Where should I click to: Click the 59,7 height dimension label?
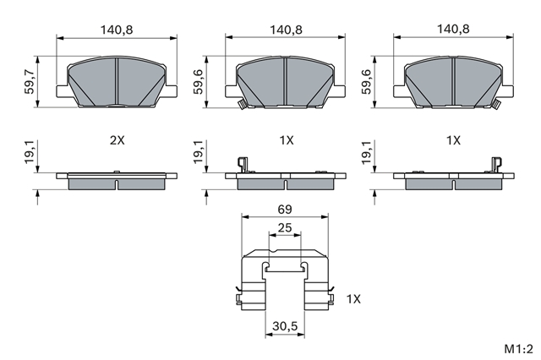(30, 82)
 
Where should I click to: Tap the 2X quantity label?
(117, 140)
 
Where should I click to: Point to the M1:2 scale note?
(518, 349)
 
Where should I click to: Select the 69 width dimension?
(285, 210)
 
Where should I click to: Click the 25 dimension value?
(285, 228)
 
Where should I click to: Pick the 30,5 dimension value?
(285, 326)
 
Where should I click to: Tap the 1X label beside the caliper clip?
(353, 299)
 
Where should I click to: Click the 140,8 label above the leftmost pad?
(117, 30)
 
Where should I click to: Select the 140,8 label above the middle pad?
(286, 30)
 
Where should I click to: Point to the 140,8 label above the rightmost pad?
(453, 29)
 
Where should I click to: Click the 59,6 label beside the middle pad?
(199, 82)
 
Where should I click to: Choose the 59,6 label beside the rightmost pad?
(366, 82)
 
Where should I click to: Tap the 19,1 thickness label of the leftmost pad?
(30, 152)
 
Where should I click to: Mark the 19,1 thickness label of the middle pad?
(199, 152)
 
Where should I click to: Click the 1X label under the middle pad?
(286, 140)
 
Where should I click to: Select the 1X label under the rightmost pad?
(453, 140)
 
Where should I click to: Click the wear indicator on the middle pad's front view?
(241, 105)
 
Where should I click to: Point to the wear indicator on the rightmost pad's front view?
(496, 104)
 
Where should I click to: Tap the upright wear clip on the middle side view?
(243, 165)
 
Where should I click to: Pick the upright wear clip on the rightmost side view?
(497, 165)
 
